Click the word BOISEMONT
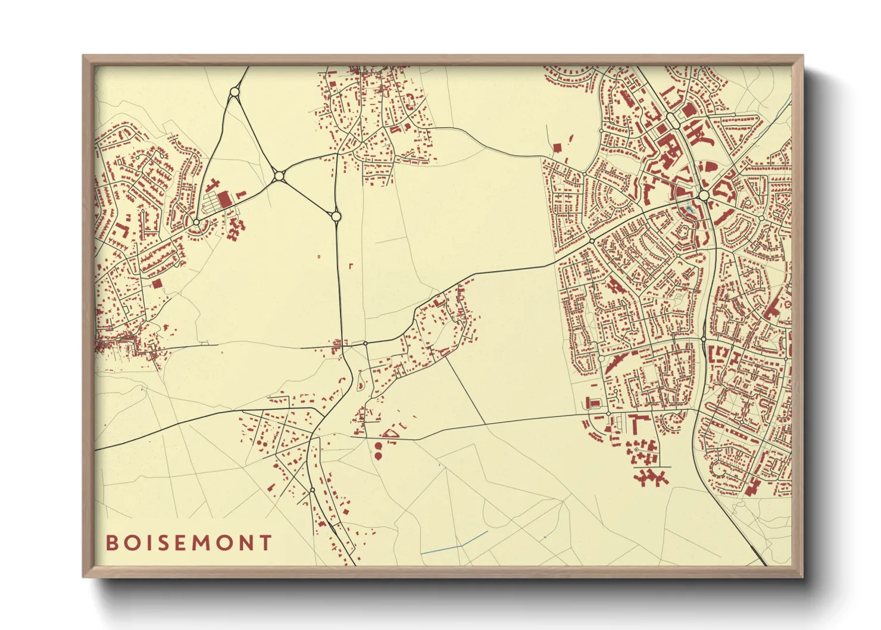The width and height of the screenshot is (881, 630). click(x=189, y=543)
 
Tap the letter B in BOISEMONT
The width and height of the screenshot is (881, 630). click(x=111, y=543)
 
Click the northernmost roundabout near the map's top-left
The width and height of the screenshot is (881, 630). click(x=234, y=92)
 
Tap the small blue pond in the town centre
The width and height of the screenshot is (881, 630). click(x=689, y=210)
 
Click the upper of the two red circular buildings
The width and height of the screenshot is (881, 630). click(x=378, y=445)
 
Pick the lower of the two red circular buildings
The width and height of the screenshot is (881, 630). click(x=378, y=456)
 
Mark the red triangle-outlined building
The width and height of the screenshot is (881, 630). click(x=390, y=433)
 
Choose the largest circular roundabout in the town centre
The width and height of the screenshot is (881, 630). click(x=704, y=195)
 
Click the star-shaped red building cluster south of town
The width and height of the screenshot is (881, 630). click(x=651, y=476)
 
